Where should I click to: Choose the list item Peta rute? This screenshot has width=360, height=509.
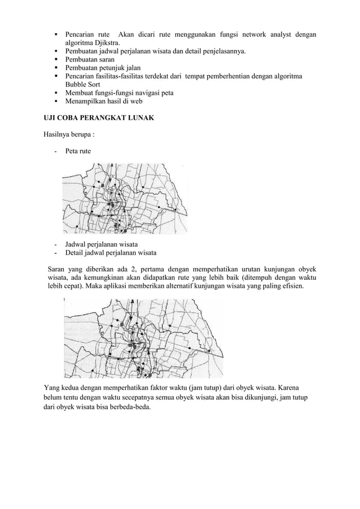coord(77,152)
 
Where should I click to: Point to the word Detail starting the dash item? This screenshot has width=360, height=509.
coord(75,252)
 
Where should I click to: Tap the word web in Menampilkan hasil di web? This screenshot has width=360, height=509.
coord(135,101)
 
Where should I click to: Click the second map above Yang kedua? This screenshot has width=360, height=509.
coord(142,337)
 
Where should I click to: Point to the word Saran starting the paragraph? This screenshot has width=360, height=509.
coord(57,268)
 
